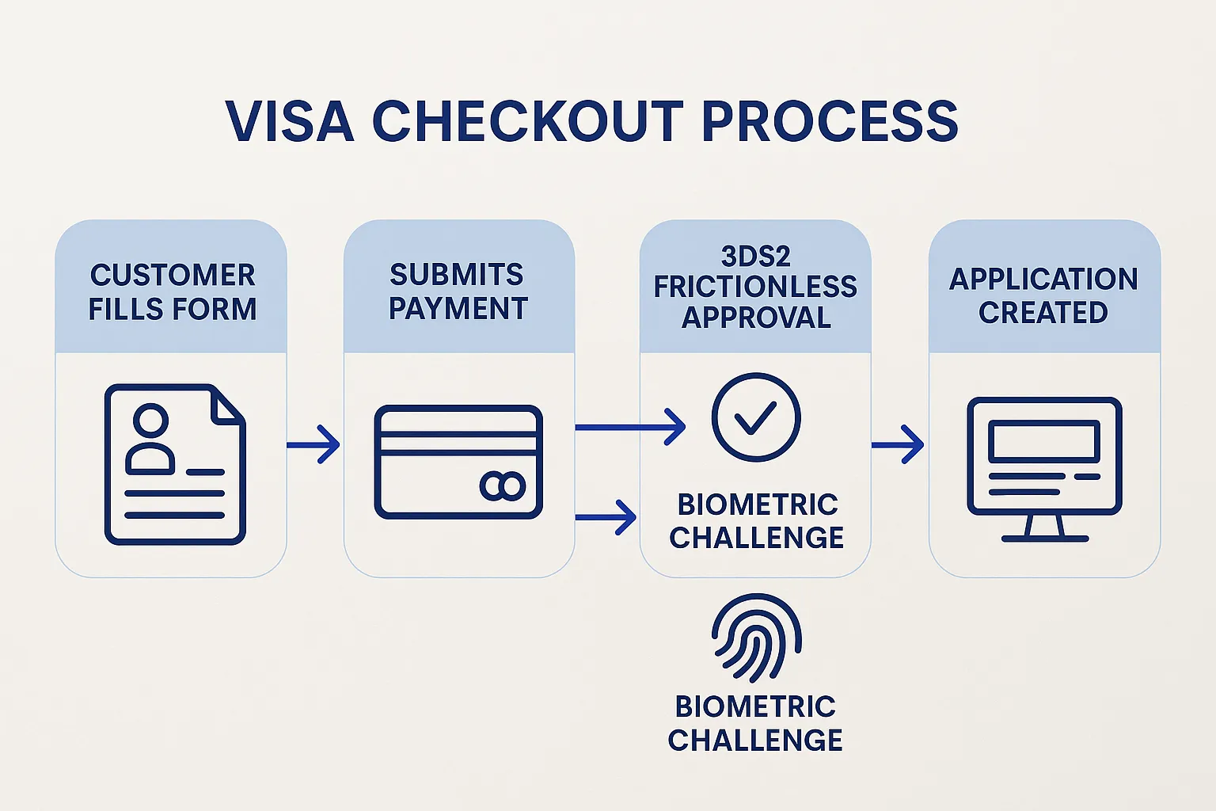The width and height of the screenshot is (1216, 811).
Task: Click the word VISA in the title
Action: click(289, 122)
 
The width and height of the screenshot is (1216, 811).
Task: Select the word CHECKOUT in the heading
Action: click(527, 122)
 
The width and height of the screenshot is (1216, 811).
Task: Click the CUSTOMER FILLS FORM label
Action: click(172, 291)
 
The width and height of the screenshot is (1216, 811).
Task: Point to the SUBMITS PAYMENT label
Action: click(458, 291)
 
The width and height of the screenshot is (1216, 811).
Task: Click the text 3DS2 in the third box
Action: click(755, 257)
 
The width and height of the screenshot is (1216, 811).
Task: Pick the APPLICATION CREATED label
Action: click(1043, 295)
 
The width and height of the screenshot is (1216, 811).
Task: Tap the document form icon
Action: click(175, 464)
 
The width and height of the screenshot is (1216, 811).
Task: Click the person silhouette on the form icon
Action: click(150, 440)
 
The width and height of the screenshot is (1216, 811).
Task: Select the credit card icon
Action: click(458, 462)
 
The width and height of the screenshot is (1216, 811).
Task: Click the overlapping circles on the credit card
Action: click(503, 486)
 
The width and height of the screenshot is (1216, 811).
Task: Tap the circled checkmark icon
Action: click(755, 417)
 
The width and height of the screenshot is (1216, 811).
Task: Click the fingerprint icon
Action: click(756, 638)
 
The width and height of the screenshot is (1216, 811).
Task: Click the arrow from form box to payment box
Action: click(313, 444)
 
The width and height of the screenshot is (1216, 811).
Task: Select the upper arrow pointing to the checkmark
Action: click(630, 428)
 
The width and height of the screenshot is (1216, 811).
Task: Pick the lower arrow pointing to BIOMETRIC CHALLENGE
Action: click(606, 517)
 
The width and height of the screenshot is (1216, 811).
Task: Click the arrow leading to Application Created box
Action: click(898, 444)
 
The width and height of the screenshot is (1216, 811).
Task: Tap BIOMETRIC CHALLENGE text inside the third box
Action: click(757, 520)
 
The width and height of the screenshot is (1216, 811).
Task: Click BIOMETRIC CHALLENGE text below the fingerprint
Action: click(755, 723)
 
